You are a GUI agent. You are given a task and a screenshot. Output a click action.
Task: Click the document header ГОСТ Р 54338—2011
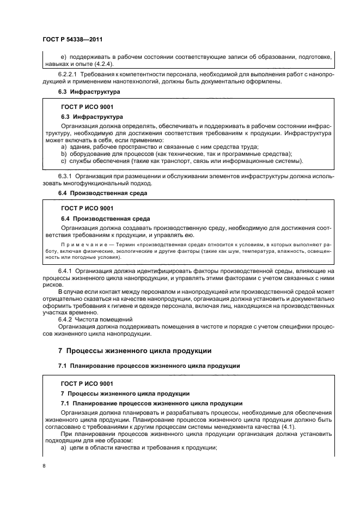[x=72, y=40]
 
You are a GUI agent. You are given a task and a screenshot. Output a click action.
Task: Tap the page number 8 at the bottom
[x=44, y=466]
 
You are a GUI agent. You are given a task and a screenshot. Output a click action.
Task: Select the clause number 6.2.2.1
[x=69, y=74]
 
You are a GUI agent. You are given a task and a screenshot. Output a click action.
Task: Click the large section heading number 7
[x=60, y=350]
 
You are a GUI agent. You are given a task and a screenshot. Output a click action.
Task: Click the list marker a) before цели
[x=64, y=448]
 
